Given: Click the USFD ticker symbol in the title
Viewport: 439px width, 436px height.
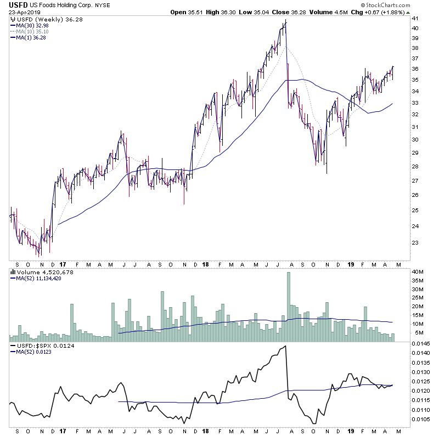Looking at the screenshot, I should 18,5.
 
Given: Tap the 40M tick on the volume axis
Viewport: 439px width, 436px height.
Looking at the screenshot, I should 419,272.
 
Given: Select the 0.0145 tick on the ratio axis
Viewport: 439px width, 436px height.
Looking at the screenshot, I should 423,343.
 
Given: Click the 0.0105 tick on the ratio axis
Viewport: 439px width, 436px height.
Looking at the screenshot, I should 423,420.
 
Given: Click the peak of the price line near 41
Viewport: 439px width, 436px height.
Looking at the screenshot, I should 286,22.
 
